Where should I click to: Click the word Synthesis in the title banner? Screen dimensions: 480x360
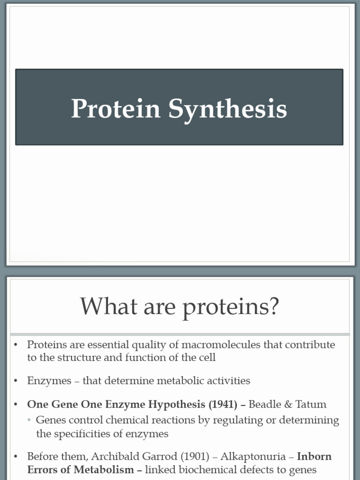(227, 109)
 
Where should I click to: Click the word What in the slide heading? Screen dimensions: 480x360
(103, 307)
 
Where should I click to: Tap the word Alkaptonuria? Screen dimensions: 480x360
(254, 457)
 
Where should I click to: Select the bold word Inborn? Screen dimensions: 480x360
(314, 457)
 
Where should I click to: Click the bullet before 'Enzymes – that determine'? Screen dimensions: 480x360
(15, 381)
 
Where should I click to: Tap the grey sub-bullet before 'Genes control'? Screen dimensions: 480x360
(29, 420)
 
